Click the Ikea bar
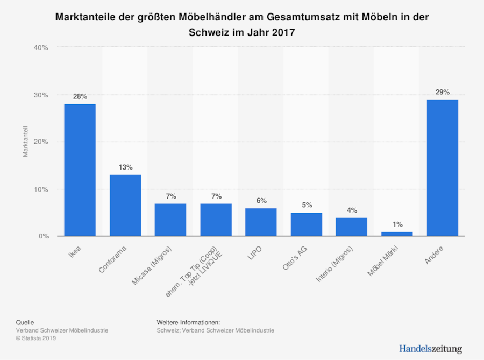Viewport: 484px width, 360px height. (x=80, y=170)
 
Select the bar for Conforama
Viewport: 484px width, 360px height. (x=125, y=205)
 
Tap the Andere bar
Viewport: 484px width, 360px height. (x=442, y=167)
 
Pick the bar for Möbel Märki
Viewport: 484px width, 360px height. (x=397, y=234)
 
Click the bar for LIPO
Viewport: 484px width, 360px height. (x=261, y=222)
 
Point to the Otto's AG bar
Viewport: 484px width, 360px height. (x=307, y=224)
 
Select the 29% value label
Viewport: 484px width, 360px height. (x=442, y=92)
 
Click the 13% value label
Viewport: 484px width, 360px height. (x=125, y=167)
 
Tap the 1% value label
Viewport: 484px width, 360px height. (x=397, y=224)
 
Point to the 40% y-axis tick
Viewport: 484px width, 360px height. (x=41, y=47)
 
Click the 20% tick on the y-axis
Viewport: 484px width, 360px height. (x=41, y=142)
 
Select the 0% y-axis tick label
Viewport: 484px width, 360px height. (x=44, y=236)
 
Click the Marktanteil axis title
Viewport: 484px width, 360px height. (x=25, y=142)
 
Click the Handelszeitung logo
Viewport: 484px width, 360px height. (x=430, y=349)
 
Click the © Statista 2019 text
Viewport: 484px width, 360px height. (x=36, y=338)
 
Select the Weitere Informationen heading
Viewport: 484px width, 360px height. (x=188, y=322)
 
